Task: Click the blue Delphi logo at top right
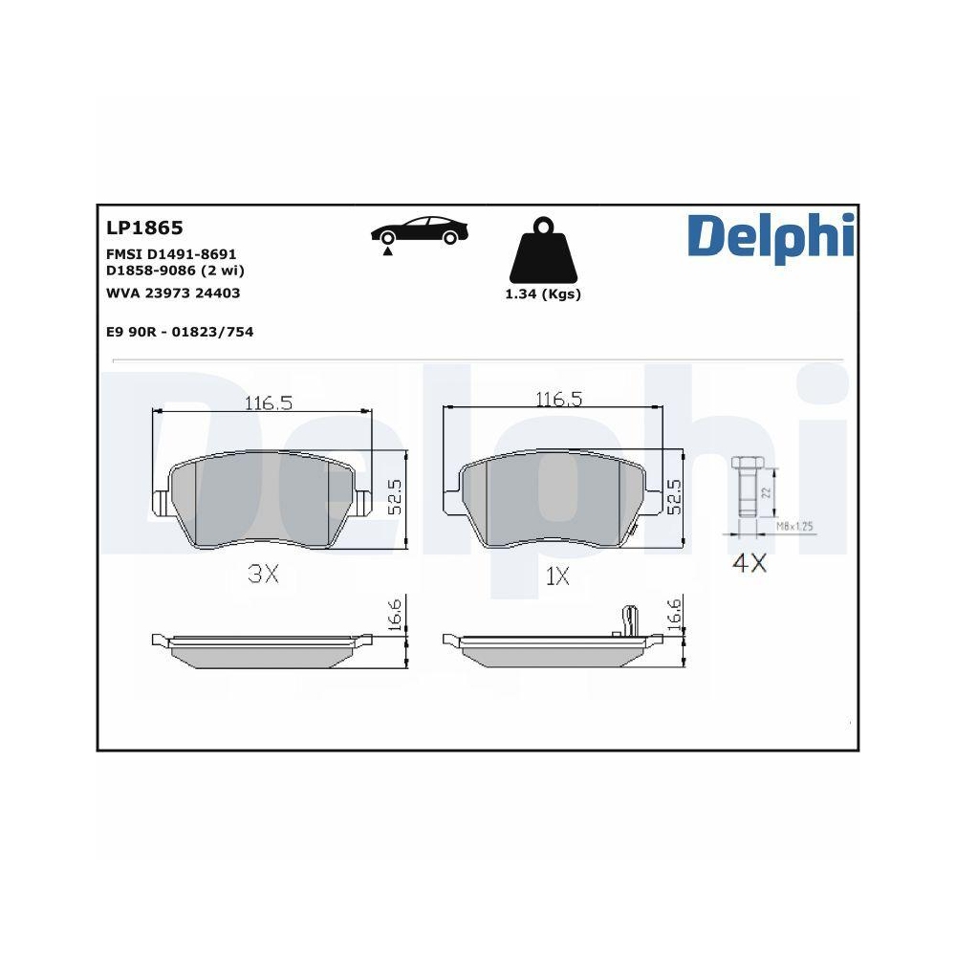coord(770,235)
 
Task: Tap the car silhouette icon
coord(421,230)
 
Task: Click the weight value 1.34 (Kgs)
coord(543,294)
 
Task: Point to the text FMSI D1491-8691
coord(171,255)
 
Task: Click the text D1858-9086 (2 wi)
coord(175,271)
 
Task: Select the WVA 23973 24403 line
coord(173,293)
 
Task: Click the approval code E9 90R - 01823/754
coord(180,332)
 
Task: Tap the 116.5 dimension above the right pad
coord(558,399)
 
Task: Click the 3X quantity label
coord(262,574)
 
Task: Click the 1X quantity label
coord(557,576)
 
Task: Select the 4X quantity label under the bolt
coord(749,563)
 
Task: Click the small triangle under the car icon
coord(387,252)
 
